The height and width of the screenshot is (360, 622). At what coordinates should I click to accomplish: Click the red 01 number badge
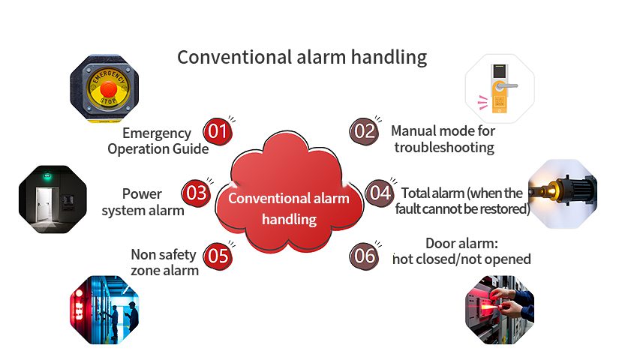point(218,132)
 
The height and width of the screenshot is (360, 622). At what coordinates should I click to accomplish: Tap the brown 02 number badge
point(364,132)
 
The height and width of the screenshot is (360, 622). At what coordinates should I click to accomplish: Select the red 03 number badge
point(196,193)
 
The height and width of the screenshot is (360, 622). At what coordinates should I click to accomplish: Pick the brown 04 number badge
point(380,193)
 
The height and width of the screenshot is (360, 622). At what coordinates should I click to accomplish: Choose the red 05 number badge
point(218,256)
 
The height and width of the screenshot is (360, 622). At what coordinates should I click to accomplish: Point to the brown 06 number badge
point(364,256)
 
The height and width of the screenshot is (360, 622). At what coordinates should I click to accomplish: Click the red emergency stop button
point(108,88)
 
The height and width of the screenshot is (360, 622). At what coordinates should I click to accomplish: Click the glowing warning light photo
point(563,193)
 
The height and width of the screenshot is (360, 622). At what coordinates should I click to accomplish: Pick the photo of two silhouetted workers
point(104,310)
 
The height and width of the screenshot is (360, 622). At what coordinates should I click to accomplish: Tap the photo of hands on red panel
point(500,310)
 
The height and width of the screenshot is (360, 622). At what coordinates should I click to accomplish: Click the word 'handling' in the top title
point(389,58)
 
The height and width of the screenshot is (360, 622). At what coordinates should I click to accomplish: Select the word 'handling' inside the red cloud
point(289,219)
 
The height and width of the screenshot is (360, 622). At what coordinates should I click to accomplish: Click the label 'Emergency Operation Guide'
point(158,141)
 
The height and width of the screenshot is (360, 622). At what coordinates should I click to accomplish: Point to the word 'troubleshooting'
point(444,148)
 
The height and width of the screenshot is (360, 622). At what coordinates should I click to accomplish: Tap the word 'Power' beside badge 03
point(142,194)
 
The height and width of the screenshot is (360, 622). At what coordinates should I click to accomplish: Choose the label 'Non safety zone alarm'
point(164,262)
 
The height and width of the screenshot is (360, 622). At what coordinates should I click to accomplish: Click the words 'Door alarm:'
point(461,243)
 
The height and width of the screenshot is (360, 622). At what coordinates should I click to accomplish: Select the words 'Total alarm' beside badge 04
point(433,193)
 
